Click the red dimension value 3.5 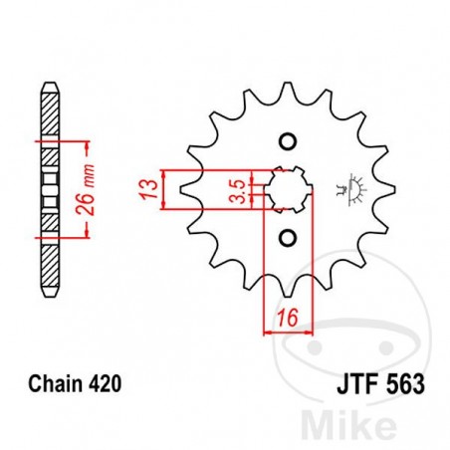pos(234,188)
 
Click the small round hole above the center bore pos(288,138)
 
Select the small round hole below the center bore pos(288,237)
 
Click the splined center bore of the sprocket pos(289,187)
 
